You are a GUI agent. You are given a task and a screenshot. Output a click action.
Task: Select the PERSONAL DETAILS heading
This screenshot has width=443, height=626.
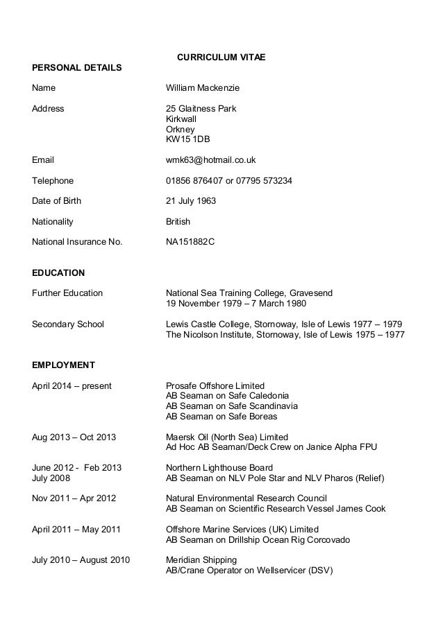coord(77,68)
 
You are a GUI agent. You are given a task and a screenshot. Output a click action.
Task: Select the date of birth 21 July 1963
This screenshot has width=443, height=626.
coord(191,201)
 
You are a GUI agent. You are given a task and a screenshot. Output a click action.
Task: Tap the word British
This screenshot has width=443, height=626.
coord(178,222)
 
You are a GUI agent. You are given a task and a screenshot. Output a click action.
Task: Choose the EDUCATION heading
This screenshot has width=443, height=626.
coord(58,272)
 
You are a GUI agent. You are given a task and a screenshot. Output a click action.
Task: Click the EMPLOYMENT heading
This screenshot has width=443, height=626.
coord(63,365)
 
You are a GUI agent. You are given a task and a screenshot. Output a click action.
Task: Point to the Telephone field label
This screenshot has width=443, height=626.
coord(53,181)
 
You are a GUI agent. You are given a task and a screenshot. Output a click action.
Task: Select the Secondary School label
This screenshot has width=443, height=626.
coord(68,324)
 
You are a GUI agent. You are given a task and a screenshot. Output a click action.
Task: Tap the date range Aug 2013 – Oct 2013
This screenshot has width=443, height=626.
coord(74,437)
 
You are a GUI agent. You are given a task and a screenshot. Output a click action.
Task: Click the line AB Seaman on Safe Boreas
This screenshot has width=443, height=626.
coord(221,417)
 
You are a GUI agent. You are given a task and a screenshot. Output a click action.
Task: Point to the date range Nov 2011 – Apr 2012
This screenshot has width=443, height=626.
coord(74,498)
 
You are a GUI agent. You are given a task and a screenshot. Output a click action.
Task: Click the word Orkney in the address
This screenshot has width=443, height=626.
coord(181,129)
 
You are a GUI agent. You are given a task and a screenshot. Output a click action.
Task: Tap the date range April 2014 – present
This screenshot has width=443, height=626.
coord(72,385)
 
